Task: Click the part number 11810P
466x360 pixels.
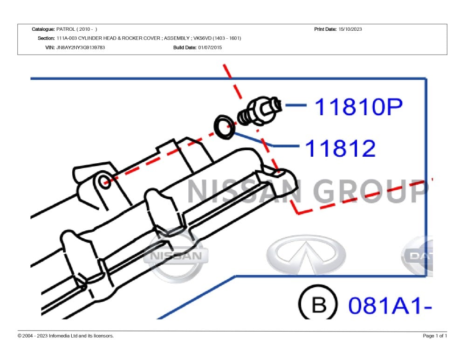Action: coord(358,106)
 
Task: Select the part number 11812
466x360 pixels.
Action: coord(340,148)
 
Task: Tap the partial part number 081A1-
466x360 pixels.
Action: coord(390,305)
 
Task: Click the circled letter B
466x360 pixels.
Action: coord(319,304)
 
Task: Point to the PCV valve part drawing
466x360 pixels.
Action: coord(260,111)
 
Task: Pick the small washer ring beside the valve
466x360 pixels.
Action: coord(225,127)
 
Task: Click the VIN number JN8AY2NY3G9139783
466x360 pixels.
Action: coord(81,47)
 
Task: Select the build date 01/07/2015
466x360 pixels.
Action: coord(210,47)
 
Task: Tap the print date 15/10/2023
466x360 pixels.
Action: coord(350,29)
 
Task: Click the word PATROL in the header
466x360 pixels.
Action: coord(66,29)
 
